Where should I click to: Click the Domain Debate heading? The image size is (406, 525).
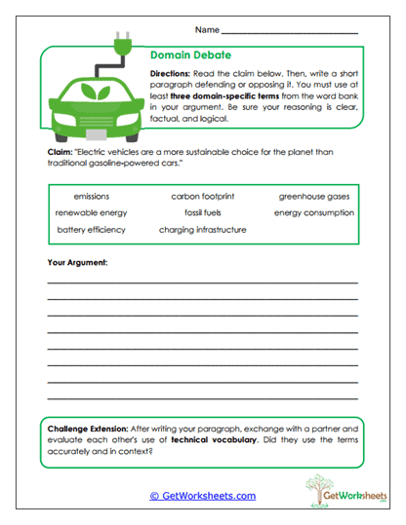click(190, 56)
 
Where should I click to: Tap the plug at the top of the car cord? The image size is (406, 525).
click(123, 44)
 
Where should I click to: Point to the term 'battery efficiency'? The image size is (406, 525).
click(92, 230)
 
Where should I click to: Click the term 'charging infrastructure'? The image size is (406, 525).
click(203, 230)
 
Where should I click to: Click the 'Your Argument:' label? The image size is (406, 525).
click(77, 263)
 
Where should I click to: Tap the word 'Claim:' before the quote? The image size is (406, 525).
click(59, 154)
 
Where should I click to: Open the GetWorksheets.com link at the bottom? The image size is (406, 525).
click(203, 496)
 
